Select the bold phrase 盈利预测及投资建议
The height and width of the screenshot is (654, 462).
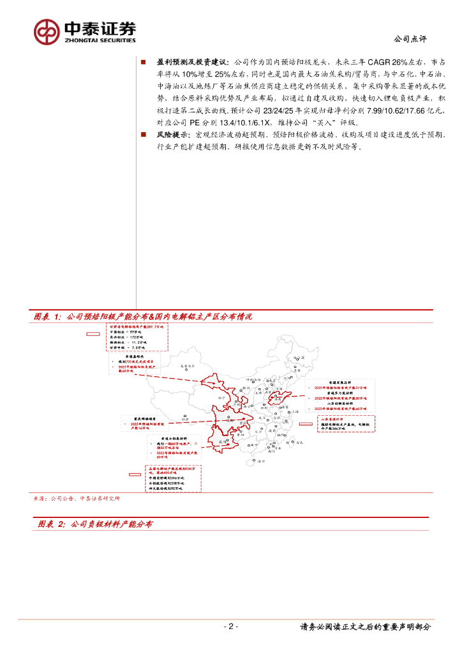191,62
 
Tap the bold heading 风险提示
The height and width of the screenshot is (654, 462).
172,135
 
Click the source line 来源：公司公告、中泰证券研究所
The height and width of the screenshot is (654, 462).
77,498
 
